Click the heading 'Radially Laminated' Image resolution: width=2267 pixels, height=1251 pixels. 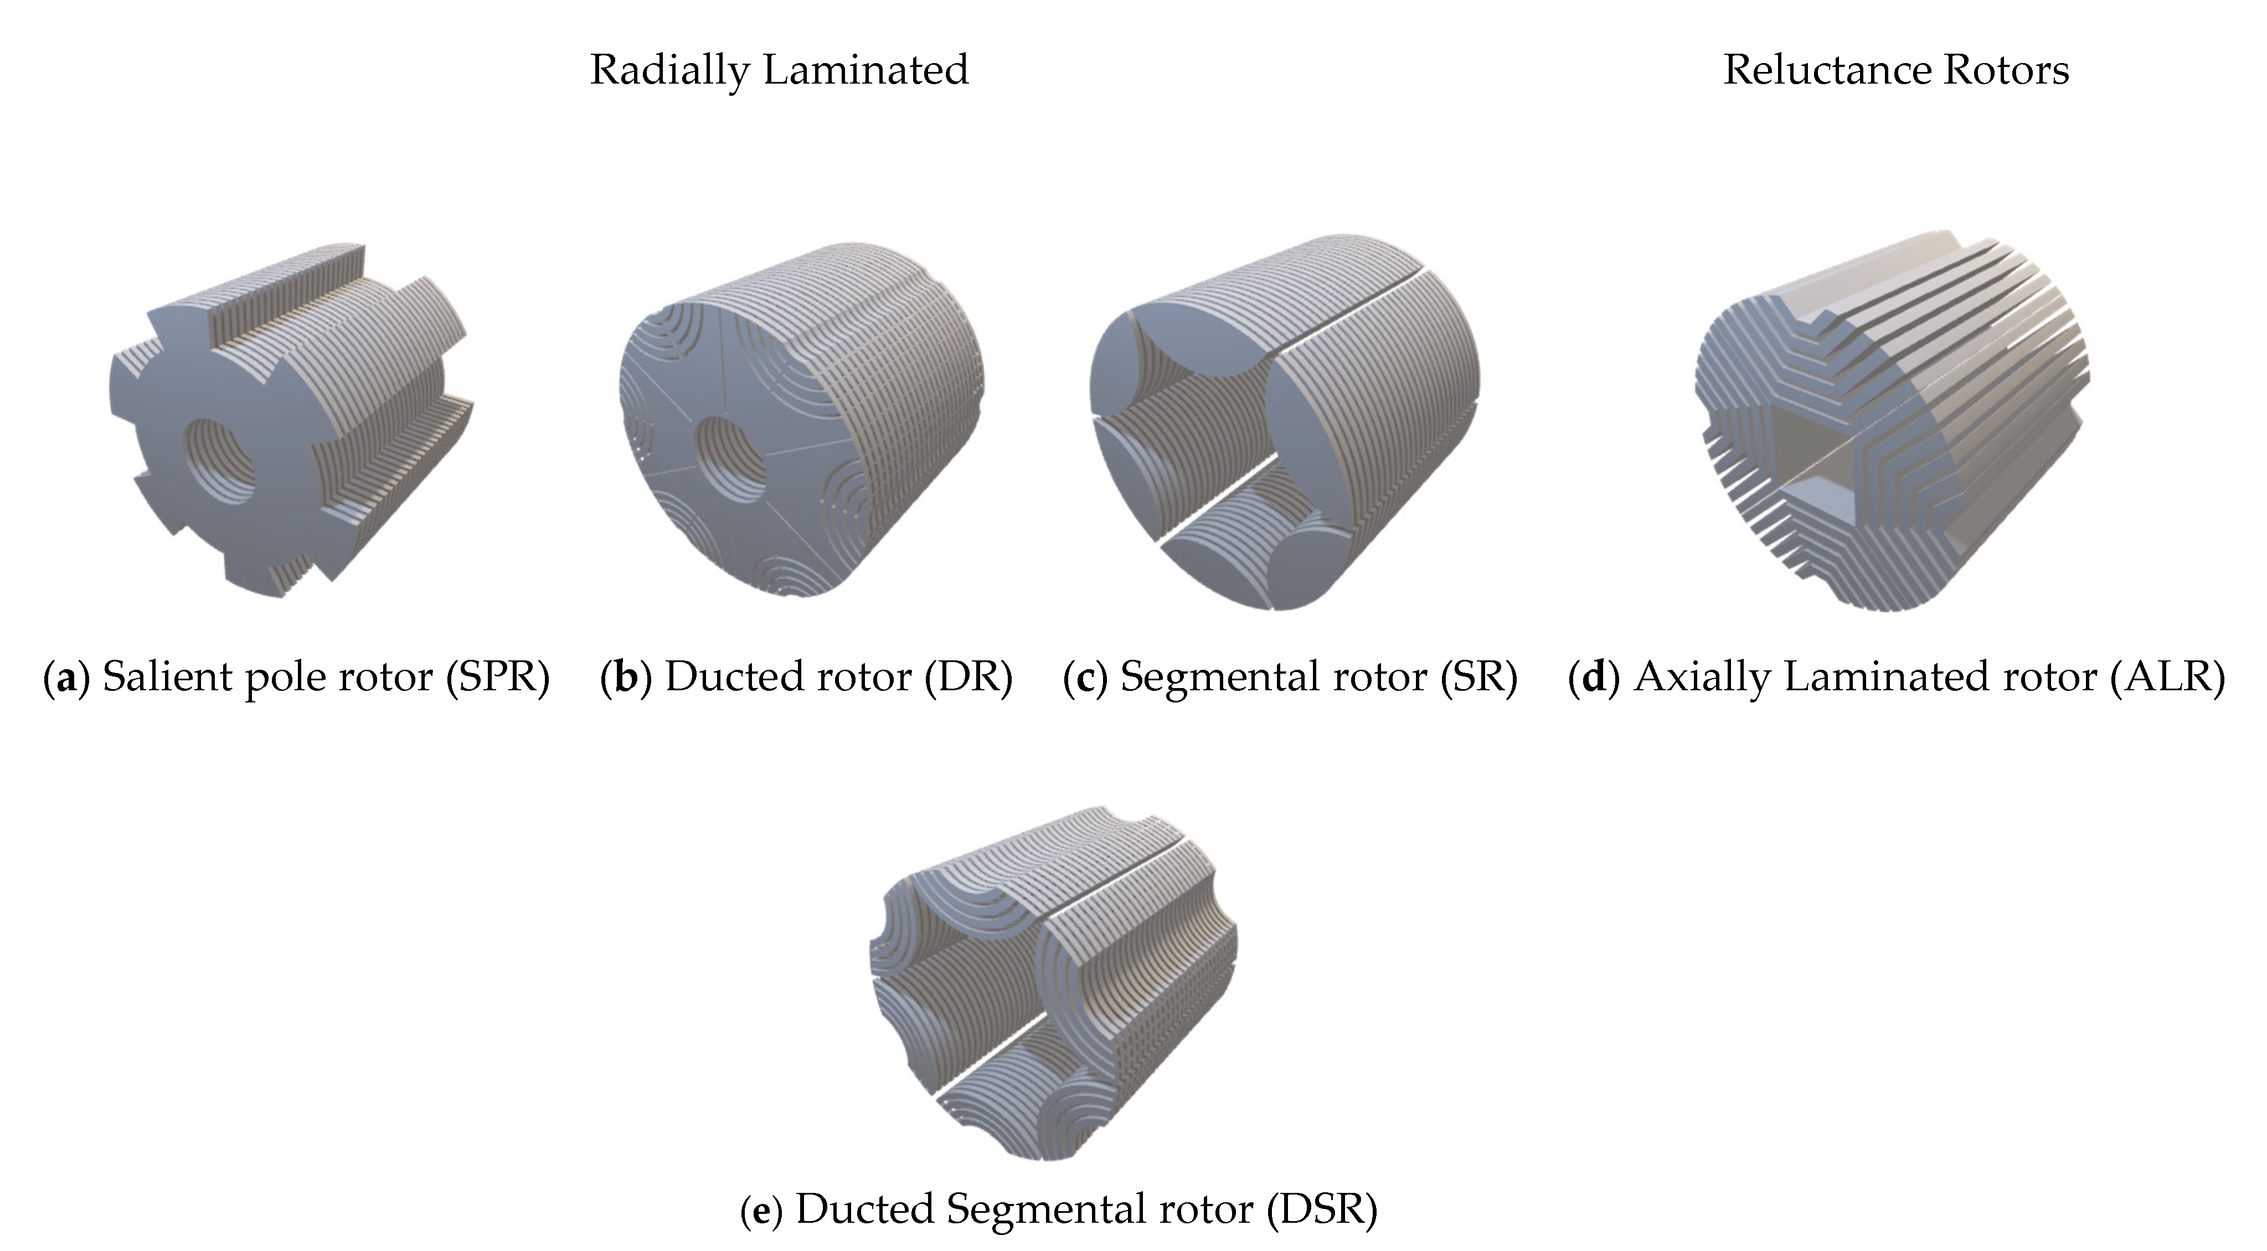click(779, 70)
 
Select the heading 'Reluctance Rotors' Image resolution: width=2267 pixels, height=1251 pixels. click(1895, 70)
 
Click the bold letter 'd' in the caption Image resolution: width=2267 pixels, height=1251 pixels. click(1594, 676)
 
